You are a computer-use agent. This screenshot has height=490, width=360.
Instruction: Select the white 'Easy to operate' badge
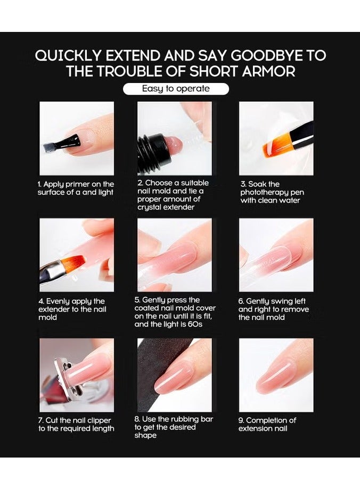[176, 89]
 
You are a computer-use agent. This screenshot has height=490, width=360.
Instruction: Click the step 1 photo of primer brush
[77, 138]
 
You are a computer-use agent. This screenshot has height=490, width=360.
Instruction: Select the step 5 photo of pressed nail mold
[175, 255]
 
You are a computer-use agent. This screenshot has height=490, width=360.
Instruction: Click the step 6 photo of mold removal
[276, 255]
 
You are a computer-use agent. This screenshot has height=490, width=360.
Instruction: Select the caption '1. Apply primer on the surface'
[76, 188]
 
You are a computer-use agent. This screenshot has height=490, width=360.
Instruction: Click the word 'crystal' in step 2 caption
[152, 207]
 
